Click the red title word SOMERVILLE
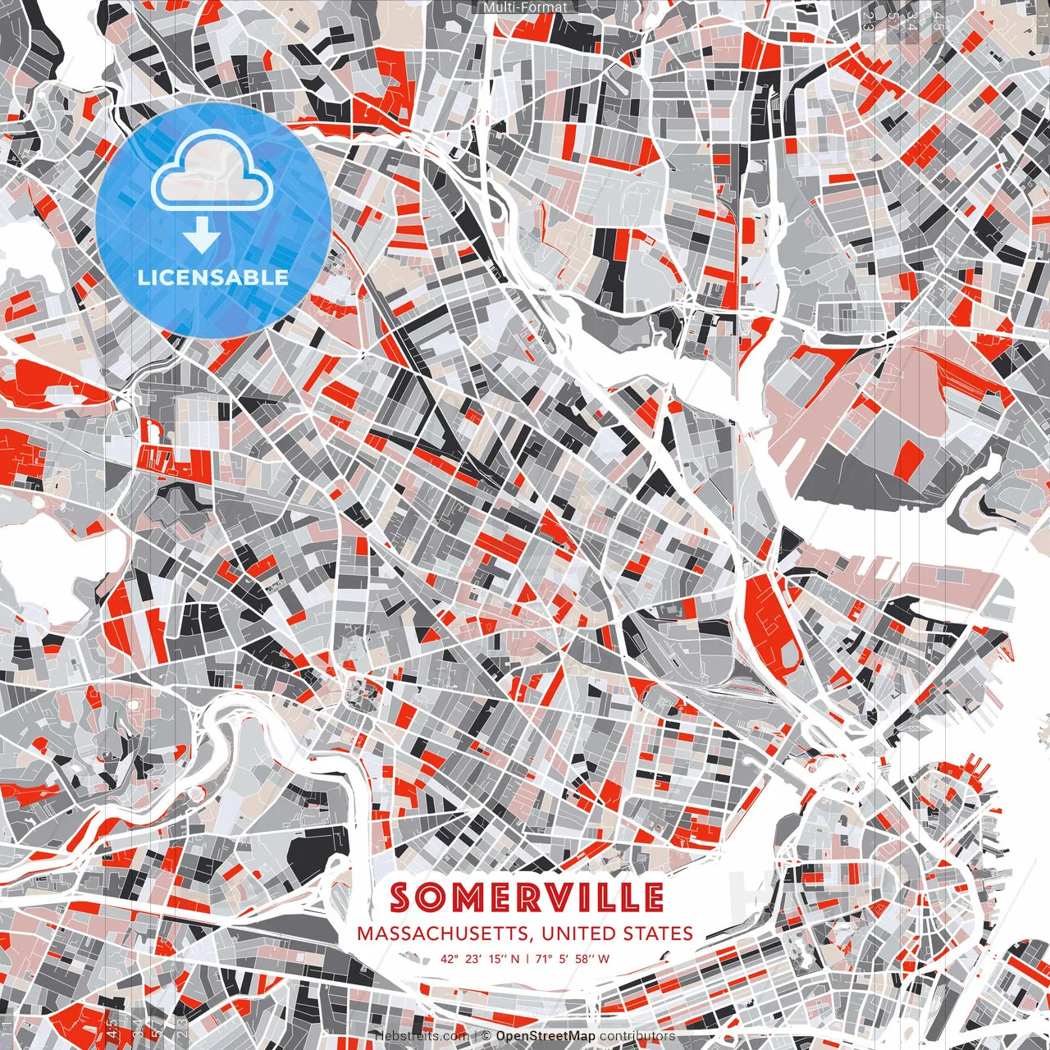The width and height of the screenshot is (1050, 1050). pyautogui.click(x=526, y=897)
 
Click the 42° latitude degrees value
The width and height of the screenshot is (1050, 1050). pyautogui.click(x=450, y=958)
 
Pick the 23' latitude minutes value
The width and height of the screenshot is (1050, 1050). pyautogui.click(x=472, y=958)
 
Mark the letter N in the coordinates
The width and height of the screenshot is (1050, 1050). pyautogui.click(x=516, y=958)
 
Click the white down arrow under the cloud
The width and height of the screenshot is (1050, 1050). pyautogui.click(x=201, y=236)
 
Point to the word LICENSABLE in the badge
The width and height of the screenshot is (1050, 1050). pyautogui.click(x=213, y=277)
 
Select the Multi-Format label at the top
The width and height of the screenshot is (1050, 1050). pyautogui.click(x=524, y=7)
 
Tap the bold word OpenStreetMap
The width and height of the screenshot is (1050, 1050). pyautogui.click(x=546, y=1036)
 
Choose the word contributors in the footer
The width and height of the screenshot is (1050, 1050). pyautogui.click(x=637, y=1036)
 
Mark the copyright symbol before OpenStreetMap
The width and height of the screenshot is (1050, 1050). pyautogui.click(x=486, y=1036)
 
